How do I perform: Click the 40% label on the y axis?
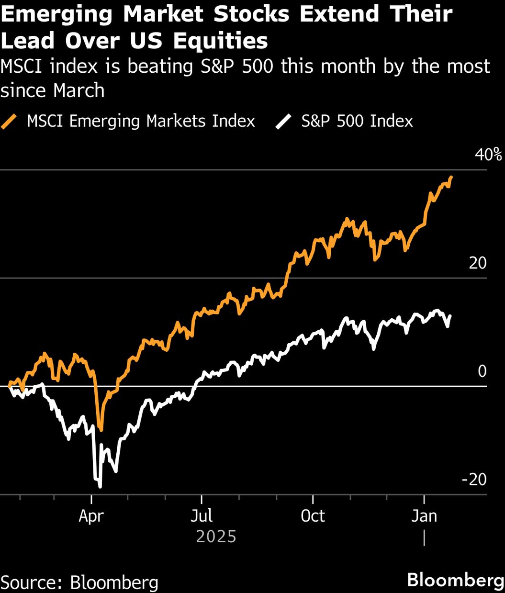[x=488, y=155]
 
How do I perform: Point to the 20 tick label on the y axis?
[x=478, y=263]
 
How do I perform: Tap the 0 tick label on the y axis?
[x=482, y=371]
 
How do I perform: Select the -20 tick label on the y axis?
[x=474, y=479]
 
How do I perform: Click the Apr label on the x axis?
[x=91, y=516]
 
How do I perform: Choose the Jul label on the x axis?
[x=202, y=516]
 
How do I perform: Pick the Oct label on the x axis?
[x=313, y=516]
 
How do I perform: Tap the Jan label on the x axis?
[x=424, y=516]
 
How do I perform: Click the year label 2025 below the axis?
[x=216, y=536]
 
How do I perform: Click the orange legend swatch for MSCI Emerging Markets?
[x=10, y=121]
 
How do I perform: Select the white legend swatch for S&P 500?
[x=283, y=121]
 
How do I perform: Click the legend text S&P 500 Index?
[x=357, y=121]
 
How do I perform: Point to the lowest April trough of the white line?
[x=100, y=487]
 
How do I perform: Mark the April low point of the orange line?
[x=100, y=429]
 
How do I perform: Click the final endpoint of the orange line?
[x=451, y=177]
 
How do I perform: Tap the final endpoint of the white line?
[x=450, y=316]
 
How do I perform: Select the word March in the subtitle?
[x=79, y=90]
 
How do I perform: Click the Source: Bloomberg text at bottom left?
[x=79, y=582]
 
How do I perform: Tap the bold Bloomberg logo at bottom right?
[x=455, y=580]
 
